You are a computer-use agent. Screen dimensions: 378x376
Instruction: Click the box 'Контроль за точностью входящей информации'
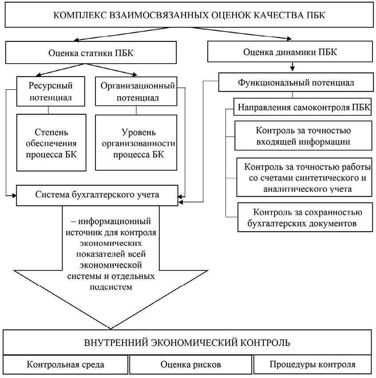pos(304,137)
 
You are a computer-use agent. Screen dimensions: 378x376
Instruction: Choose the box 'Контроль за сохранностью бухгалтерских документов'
pos(305,217)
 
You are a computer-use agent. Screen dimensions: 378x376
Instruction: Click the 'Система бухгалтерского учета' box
pos(98,194)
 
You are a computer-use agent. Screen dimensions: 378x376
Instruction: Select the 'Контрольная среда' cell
pos(65,365)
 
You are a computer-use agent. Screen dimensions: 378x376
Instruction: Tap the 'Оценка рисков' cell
pos(190,365)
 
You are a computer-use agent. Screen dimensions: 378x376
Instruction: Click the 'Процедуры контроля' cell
pos(312,365)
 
